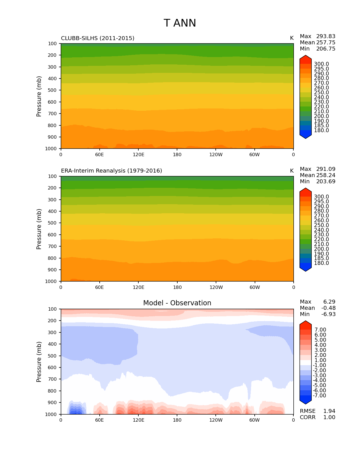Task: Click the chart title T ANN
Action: click(x=180, y=23)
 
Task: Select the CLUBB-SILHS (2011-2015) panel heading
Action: click(x=98, y=38)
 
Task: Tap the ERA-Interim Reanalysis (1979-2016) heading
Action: click(x=112, y=171)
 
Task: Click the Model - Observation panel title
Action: click(x=177, y=303)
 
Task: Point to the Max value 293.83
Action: click(x=326, y=36)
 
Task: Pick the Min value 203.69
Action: click(x=326, y=182)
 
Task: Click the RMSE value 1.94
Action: click(x=329, y=411)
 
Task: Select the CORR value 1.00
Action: click(x=329, y=417)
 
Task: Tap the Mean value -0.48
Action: click(x=328, y=308)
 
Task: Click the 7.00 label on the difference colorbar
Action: click(x=320, y=330)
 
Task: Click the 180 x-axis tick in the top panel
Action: click(x=177, y=155)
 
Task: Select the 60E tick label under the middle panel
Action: click(x=99, y=288)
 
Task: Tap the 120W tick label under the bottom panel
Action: click(x=216, y=420)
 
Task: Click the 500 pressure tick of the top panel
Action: click(x=53, y=90)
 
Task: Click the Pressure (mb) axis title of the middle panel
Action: click(x=39, y=229)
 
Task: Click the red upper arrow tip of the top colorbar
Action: click(x=306, y=58)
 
